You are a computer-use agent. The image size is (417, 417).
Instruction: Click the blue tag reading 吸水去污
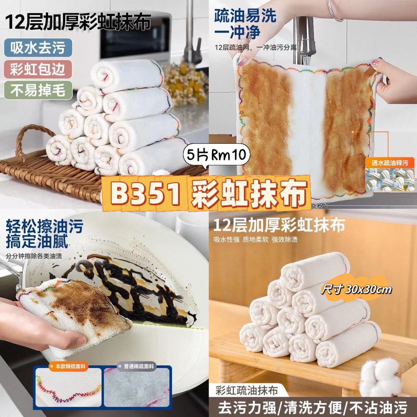point(38,47)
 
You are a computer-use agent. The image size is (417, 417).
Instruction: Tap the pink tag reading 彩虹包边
point(38,69)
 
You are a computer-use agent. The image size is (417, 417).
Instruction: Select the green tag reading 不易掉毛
point(38,90)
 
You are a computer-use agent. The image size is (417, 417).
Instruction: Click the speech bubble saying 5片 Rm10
point(216,155)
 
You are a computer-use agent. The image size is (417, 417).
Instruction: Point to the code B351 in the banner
point(145,193)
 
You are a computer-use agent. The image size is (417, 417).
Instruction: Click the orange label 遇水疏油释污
point(390,163)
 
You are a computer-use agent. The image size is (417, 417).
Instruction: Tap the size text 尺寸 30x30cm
point(356,289)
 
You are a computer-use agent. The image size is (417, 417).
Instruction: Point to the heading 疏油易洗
point(245,16)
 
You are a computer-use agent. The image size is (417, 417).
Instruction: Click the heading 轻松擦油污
point(44,226)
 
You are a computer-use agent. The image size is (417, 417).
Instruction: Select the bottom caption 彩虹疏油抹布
point(246,390)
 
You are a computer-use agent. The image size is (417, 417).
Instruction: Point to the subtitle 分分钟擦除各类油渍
point(34,256)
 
